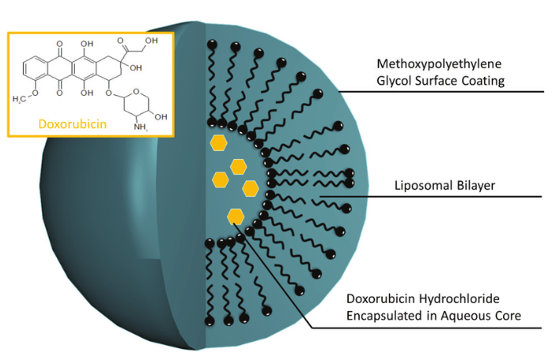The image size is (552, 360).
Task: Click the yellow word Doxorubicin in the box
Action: click(73, 124)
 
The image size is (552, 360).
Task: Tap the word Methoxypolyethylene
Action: click(439, 64)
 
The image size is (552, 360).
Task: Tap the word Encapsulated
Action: click(385, 316)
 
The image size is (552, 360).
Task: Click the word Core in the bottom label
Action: click(506, 316)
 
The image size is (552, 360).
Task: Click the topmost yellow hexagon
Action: click(218, 143)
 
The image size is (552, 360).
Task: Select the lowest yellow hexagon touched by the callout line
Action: click(236, 216)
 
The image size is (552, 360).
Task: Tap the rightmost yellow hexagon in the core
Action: click(251, 188)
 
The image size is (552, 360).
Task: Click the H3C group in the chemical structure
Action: click(19, 99)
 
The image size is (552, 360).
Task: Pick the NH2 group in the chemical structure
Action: click(141, 127)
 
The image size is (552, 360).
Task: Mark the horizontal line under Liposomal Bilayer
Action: click(430, 196)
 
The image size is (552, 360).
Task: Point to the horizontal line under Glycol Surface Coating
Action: click(441, 92)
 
